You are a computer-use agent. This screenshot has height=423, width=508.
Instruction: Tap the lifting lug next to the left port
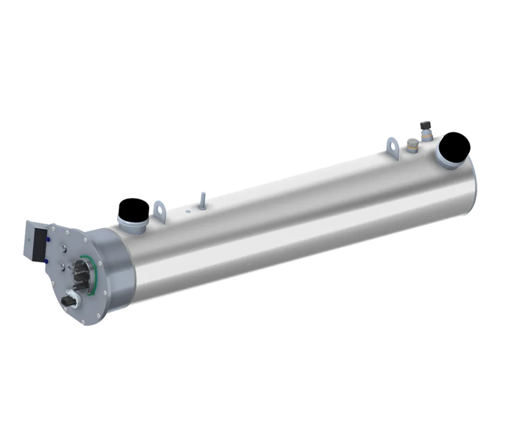[159, 209]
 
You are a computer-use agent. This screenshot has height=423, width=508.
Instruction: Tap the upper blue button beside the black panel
[50, 238]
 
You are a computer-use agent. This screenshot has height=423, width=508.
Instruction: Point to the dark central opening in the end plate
[85, 275]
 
